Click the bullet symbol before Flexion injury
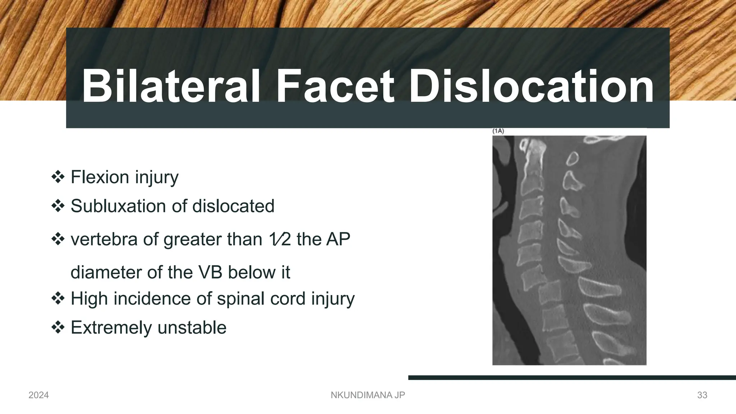tap(58, 177)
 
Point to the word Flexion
tap(100, 177)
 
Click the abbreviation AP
tap(338, 239)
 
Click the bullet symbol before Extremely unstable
tap(58, 327)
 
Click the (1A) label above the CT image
tap(498, 131)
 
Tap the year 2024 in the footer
tap(38, 395)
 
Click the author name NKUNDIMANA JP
tap(368, 395)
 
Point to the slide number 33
tap(702, 395)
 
